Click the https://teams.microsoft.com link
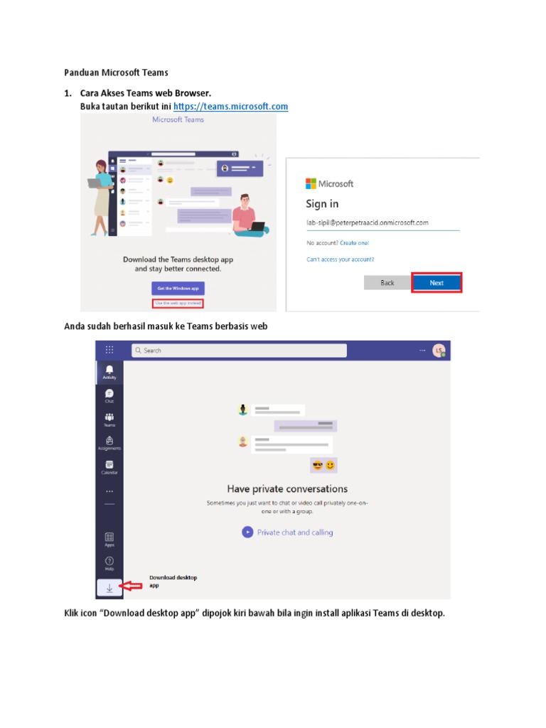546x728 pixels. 230,107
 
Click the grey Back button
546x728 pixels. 387,282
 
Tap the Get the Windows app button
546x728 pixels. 178,288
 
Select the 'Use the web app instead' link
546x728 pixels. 178,304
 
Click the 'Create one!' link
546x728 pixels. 353,242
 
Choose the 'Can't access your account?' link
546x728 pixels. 340,259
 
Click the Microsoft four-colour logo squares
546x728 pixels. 311,183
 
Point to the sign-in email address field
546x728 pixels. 382,223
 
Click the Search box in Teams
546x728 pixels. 239,350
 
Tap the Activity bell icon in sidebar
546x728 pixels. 109,370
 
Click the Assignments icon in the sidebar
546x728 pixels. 109,441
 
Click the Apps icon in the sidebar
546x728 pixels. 109,538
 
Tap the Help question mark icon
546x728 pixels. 109,562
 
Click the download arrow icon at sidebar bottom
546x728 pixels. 109,587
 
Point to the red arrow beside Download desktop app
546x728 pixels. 132,586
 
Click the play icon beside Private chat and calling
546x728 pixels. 247,532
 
